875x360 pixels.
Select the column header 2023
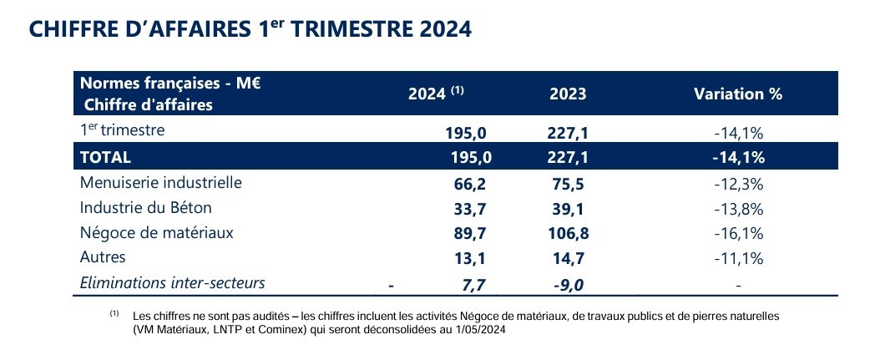tap(568, 94)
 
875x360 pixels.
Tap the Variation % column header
tap(737, 94)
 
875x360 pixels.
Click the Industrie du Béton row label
tap(145, 207)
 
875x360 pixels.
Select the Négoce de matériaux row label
tap(156, 232)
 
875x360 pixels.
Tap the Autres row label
tap(102, 257)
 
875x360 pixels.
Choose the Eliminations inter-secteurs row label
tap(172, 282)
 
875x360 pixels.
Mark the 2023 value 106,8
tap(568, 233)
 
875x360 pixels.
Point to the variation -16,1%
tap(739, 233)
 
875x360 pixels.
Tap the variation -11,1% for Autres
tap(739, 258)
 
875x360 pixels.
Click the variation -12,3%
tap(739, 183)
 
